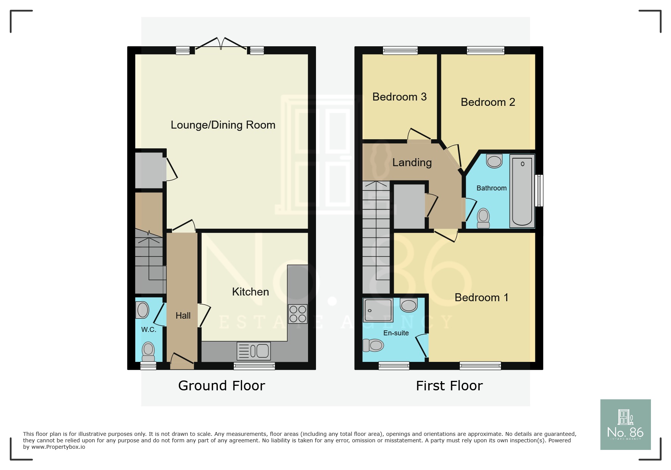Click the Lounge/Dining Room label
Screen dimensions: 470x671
pyautogui.click(x=223, y=125)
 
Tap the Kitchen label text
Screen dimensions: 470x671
pyautogui.click(x=250, y=292)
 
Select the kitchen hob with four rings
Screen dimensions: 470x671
pyautogui.click(x=297, y=314)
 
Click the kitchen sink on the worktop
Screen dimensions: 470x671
pyautogui.click(x=253, y=351)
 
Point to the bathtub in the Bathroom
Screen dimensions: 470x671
pyautogui.click(x=522, y=191)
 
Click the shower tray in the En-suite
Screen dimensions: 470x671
pyautogui.click(x=378, y=310)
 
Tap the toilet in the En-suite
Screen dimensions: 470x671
pyautogui.click(x=374, y=345)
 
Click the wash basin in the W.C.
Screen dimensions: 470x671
pyautogui.click(x=142, y=310)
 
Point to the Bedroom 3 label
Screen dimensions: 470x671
pyautogui.click(x=399, y=97)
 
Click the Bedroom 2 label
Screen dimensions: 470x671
pyautogui.click(x=488, y=102)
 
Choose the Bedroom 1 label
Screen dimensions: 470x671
pyautogui.click(x=481, y=297)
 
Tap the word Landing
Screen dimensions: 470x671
pyautogui.click(x=412, y=162)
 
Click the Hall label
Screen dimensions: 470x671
pyautogui.click(x=183, y=316)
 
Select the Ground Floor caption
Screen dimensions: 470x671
pyautogui.click(x=221, y=386)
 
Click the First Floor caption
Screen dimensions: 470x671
pyautogui.click(x=449, y=386)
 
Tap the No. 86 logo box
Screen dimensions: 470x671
pyautogui.click(x=625, y=424)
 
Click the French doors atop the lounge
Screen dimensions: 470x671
pyautogui.click(x=221, y=44)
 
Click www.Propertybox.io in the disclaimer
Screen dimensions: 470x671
pyautogui.click(x=58, y=447)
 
